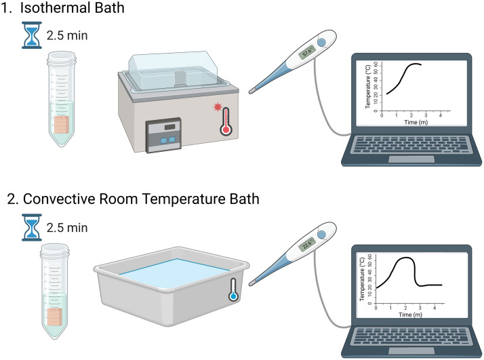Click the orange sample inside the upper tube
click(x=63, y=125)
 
